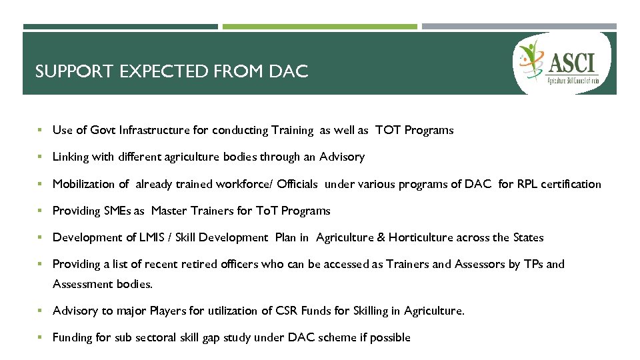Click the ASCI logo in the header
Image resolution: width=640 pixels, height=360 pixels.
pyautogui.click(x=564, y=63)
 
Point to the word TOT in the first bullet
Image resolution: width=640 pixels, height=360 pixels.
pyautogui.click(x=387, y=131)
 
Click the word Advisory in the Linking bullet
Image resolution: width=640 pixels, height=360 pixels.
pyautogui.click(x=342, y=157)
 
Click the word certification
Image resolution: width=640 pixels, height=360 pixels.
pyautogui.click(x=573, y=184)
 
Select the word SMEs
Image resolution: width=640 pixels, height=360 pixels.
pyautogui.click(x=117, y=211)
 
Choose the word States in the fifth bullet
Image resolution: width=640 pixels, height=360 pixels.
pyautogui.click(x=528, y=237)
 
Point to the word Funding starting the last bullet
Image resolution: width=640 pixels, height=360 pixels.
pyautogui.click(x=73, y=337)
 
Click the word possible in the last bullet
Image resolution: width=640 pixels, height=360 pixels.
pyautogui.click(x=390, y=337)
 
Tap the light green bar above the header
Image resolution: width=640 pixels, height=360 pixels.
pyautogui.click(x=319, y=27)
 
